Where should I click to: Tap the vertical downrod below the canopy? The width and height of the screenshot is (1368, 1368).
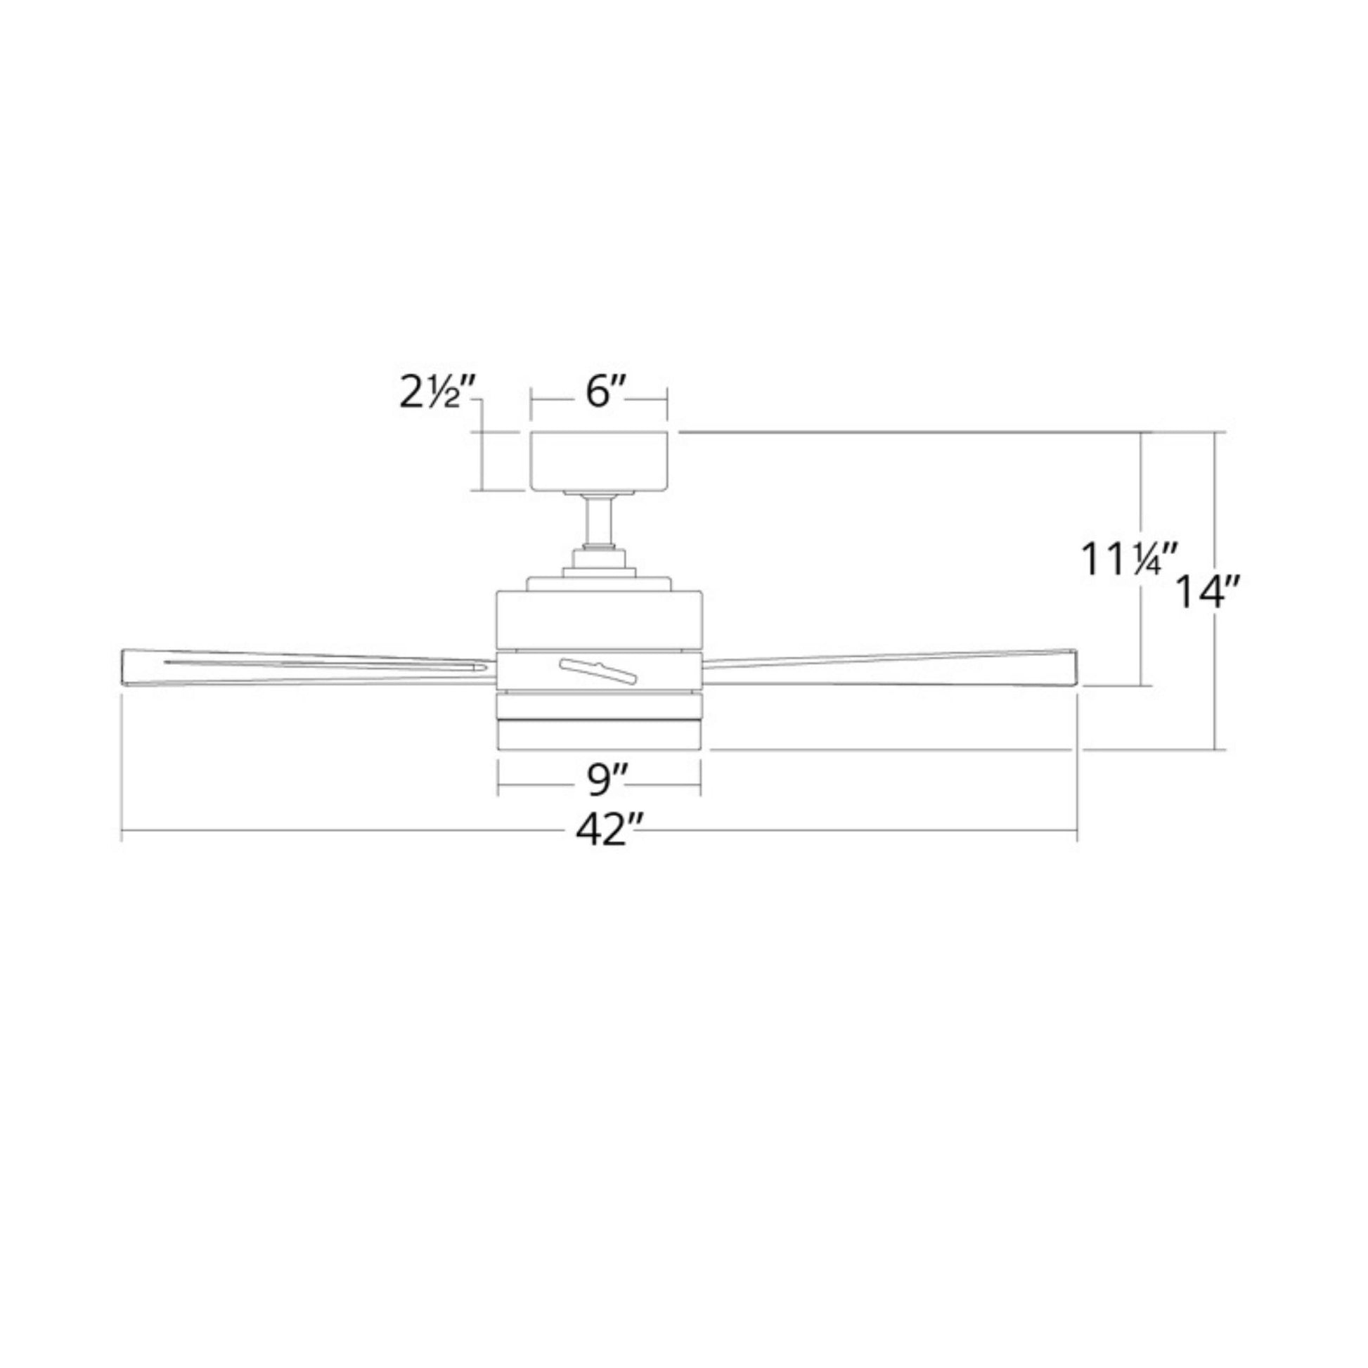[599, 521]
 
